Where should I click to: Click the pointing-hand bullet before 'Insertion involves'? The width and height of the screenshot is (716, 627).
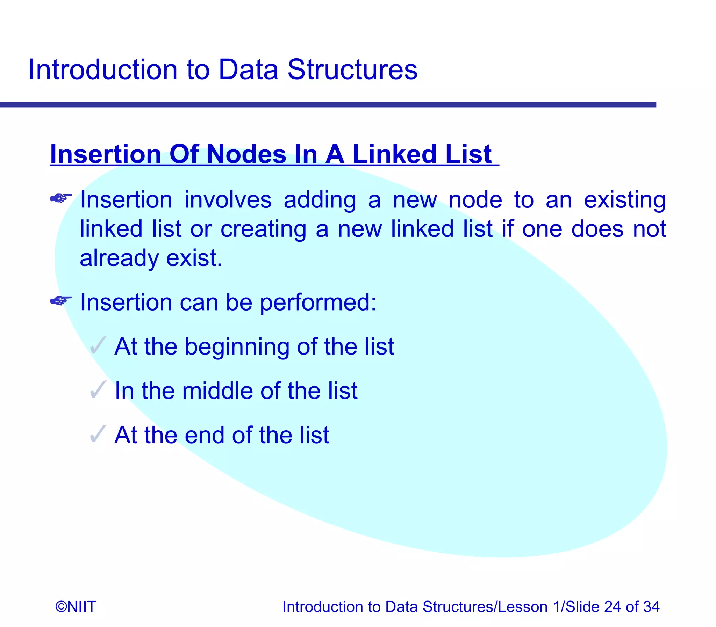tap(61, 198)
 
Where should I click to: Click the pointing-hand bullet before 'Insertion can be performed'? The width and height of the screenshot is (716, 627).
tap(61, 300)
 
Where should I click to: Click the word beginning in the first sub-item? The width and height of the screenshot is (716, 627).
tap(237, 347)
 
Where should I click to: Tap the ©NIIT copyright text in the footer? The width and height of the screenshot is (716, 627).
tap(76, 607)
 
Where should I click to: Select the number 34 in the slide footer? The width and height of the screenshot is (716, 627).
tap(651, 607)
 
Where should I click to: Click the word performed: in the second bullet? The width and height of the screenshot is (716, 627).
tap(318, 302)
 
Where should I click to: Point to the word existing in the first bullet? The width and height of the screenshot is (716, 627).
tap(625, 201)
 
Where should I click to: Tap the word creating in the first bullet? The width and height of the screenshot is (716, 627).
tap(263, 229)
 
